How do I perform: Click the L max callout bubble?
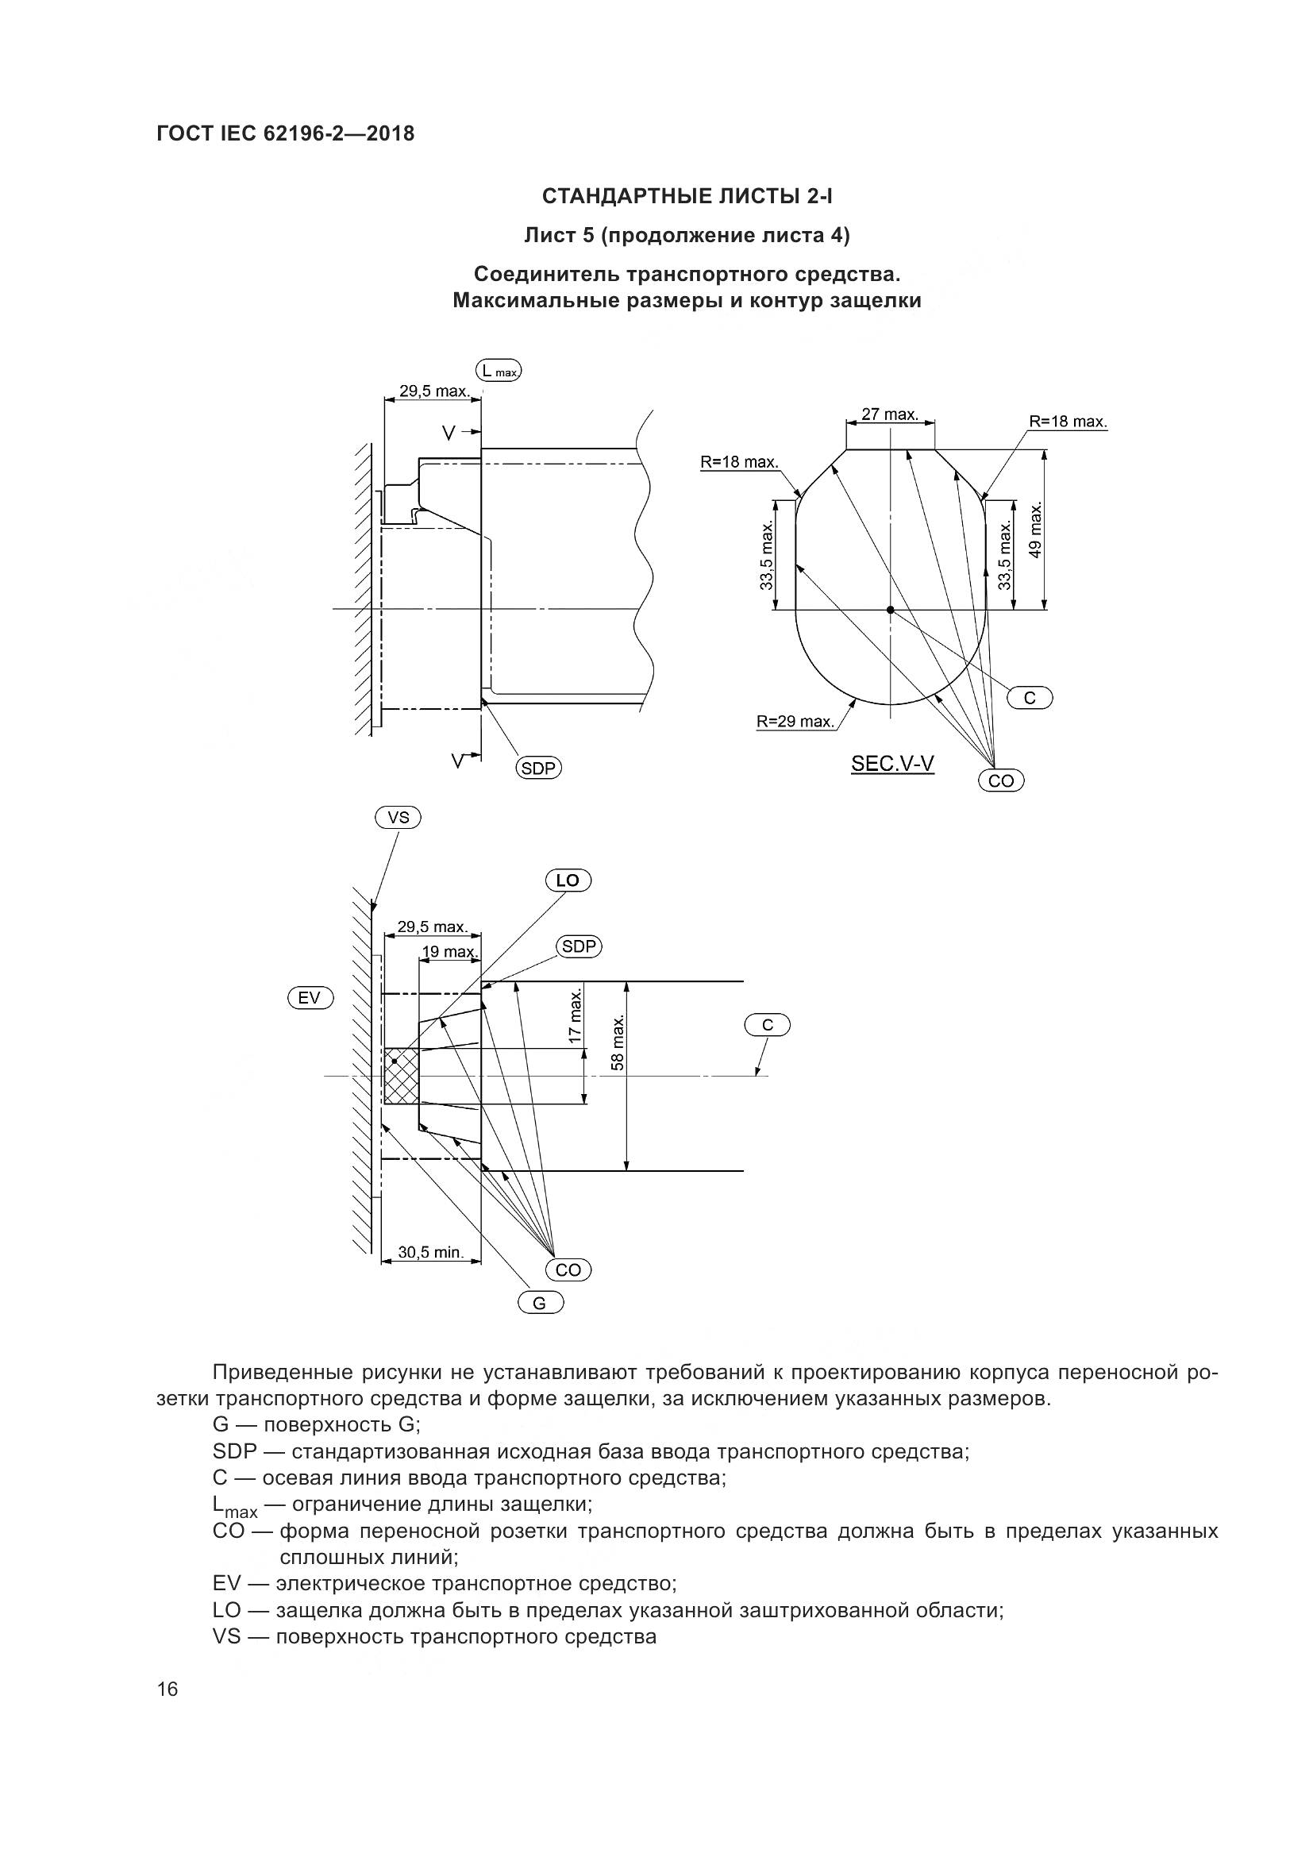pyautogui.click(x=498, y=372)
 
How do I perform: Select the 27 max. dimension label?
pyautogui.click(x=889, y=414)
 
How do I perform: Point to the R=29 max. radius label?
pyautogui.click(x=795, y=722)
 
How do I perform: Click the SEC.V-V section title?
pyautogui.click(x=892, y=764)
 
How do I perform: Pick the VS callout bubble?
pyautogui.click(x=398, y=818)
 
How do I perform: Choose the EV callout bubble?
pyautogui.click(x=310, y=998)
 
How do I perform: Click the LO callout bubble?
pyautogui.click(x=568, y=880)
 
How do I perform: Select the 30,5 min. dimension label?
pyautogui.click(x=431, y=1253)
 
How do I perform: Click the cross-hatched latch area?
pyautogui.click(x=402, y=1076)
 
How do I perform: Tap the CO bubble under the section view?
pyautogui.click(x=1001, y=780)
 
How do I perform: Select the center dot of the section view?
pyautogui.click(x=890, y=610)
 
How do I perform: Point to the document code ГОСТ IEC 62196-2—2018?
pyautogui.click(x=286, y=133)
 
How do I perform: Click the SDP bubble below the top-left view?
pyautogui.click(x=539, y=769)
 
